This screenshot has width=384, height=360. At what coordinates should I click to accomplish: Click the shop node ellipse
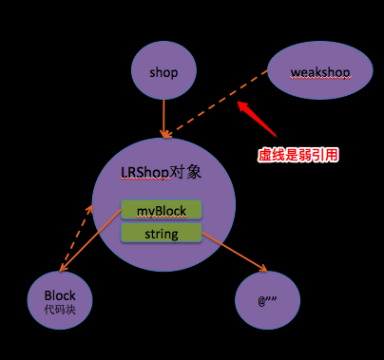click(163, 72)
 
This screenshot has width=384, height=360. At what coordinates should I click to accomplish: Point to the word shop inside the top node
click(163, 72)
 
